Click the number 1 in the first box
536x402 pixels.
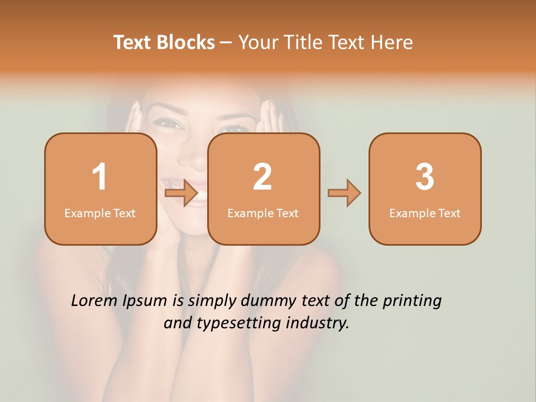point(99,177)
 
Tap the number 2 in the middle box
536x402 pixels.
point(262,177)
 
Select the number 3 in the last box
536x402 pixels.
point(425,177)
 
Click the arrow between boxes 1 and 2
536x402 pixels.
point(182,193)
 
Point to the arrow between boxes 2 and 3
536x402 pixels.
point(344,193)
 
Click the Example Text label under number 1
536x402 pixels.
point(100,213)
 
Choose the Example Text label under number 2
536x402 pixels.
point(263,213)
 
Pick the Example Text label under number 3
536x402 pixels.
point(425,213)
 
